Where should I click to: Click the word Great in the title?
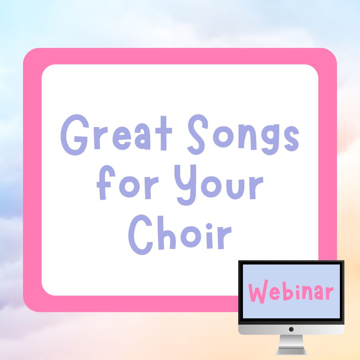pos(116,135)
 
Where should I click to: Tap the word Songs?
pos(243,135)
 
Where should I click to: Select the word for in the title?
pos(128,182)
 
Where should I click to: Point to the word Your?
pos(219,185)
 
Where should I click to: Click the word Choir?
pos(180,235)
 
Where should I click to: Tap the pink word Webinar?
pos(291,292)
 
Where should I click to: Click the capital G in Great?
pos(75,135)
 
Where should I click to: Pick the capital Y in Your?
pos(185,185)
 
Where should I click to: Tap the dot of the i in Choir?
pos(209,226)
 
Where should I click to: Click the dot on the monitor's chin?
pos(291,329)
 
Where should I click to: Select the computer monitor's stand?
pos(291,345)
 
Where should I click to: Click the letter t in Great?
pos(164,133)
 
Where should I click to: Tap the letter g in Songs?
pos(270,140)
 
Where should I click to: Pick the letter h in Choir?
pos(167,233)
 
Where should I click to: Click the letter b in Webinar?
pos(288,292)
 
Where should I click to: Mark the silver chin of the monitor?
pos(291,329)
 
